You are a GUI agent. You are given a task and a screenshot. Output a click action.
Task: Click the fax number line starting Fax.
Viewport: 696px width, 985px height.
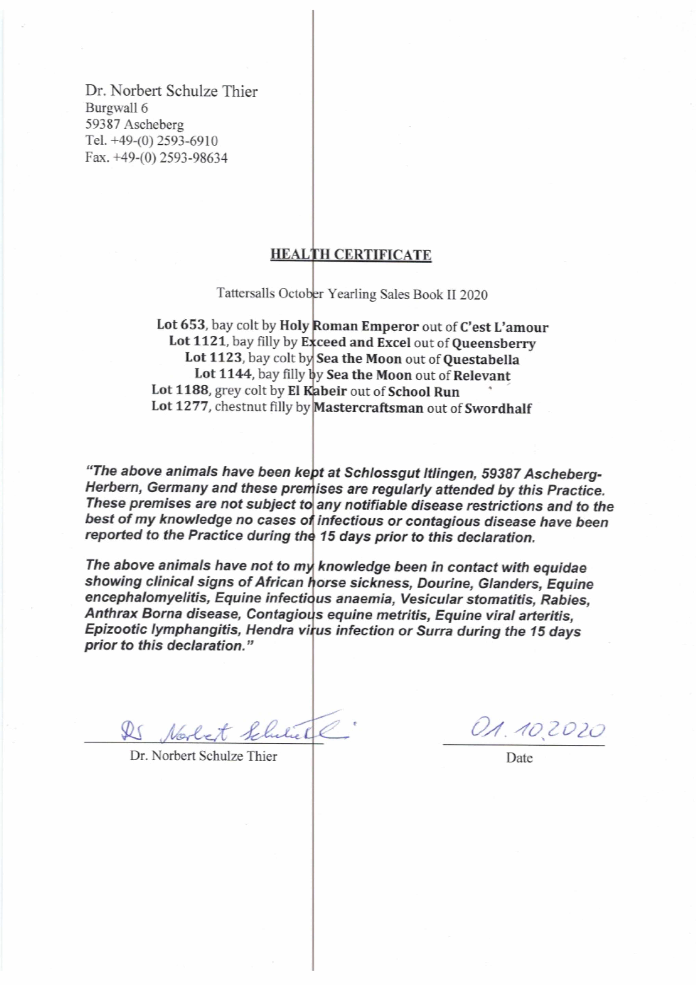(x=156, y=158)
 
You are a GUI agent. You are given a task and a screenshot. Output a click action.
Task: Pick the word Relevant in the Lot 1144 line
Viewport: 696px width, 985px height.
(x=482, y=376)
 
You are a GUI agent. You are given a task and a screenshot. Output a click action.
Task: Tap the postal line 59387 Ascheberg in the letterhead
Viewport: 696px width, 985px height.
(x=134, y=125)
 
